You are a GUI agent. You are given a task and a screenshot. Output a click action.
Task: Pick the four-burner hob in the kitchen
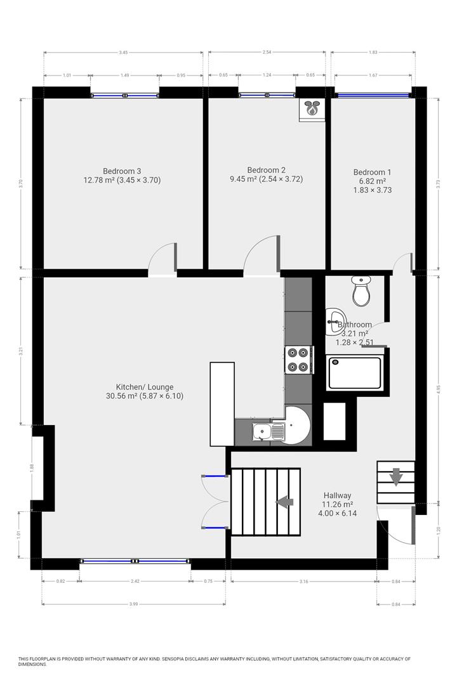tap(298, 360)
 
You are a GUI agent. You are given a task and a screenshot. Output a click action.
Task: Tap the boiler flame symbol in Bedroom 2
tap(312, 108)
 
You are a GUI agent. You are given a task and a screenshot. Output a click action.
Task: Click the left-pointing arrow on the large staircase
tap(285, 502)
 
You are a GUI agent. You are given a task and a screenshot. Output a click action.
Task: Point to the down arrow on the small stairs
tap(395, 476)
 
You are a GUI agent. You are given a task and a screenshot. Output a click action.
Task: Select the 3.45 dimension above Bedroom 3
tap(123, 53)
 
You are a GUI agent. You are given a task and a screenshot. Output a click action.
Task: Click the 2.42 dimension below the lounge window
tap(135, 580)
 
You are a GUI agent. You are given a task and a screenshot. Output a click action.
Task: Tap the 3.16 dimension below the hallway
tap(303, 580)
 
